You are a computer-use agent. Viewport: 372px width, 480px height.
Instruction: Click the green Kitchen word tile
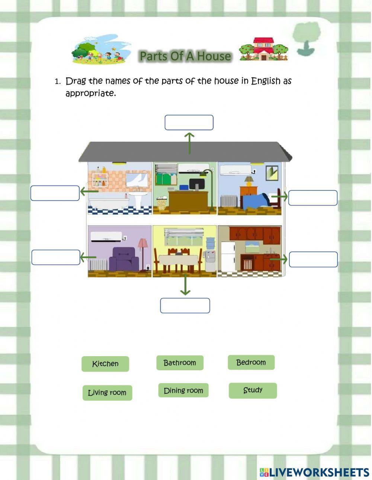coord(105,364)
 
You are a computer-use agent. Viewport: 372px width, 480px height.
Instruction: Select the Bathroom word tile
coord(180,363)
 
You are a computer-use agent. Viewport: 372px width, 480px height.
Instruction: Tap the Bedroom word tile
coord(251,363)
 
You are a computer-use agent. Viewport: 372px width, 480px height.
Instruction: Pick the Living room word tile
coord(107,393)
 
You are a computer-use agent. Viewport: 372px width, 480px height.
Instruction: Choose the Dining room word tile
coord(183,390)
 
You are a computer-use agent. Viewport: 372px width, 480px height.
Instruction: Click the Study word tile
coord(253,390)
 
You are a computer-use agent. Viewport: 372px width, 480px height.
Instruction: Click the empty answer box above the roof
coord(189,123)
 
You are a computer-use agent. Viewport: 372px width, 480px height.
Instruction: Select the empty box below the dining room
coord(185,306)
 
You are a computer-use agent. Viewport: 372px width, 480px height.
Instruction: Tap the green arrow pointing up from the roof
coord(190,143)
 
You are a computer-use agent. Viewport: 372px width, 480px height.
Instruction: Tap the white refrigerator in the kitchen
coord(228,257)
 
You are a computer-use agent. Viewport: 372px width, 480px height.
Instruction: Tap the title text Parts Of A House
coord(185,56)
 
